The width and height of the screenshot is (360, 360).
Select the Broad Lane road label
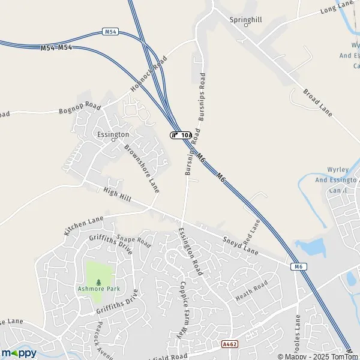pos(317,103)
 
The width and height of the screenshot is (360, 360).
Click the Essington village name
pos(113,134)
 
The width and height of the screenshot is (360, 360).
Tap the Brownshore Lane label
pos(142,168)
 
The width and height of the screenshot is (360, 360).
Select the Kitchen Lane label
pos(83,223)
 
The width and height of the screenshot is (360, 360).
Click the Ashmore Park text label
pos(99,289)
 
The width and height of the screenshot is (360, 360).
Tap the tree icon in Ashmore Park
pos(99,280)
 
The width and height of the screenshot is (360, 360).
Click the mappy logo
pos(19,353)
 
